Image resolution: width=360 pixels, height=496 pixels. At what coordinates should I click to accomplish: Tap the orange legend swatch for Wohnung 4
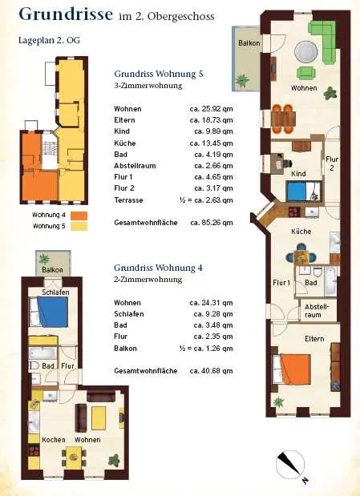(x=79, y=216)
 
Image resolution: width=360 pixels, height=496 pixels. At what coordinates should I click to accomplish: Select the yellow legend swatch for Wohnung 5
(x=79, y=226)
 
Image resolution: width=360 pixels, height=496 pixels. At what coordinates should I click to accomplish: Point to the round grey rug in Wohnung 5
(x=305, y=52)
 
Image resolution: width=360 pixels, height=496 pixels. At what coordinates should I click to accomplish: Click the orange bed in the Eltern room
(x=292, y=369)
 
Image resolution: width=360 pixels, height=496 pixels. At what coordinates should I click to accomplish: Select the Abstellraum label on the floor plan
(x=317, y=311)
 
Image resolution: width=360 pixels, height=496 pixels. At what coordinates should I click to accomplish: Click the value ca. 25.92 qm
(x=211, y=109)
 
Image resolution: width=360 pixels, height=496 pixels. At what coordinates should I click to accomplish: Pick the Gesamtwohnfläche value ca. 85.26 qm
(x=212, y=223)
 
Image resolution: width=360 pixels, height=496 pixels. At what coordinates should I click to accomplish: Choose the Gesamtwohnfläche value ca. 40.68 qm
(x=211, y=371)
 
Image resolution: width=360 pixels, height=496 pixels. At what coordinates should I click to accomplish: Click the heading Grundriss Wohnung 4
(x=158, y=268)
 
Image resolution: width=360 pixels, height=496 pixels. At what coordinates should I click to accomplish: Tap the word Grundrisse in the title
(x=66, y=14)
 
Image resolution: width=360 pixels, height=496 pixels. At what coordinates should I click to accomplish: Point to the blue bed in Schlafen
(x=50, y=312)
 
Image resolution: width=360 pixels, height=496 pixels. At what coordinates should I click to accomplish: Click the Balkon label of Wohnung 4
(x=53, y=270)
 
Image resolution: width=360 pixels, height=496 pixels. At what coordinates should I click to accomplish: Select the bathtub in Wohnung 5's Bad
(x=330, y=281)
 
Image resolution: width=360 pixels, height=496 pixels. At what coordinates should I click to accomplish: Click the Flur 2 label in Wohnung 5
(x=332, y=163)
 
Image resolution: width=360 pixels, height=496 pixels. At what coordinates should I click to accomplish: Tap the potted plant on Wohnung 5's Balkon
(x=242, y=80)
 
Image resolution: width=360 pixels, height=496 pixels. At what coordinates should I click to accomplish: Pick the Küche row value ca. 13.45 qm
(x=211, y=143)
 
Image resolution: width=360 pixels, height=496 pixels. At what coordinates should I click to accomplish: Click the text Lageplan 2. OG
(x=50, y=41)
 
